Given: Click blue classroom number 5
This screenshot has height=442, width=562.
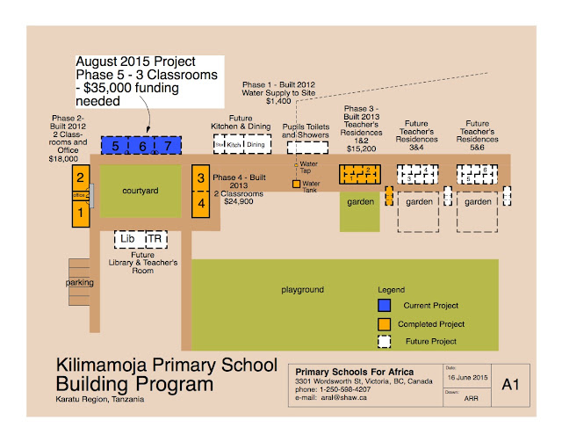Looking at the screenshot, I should (115, 146).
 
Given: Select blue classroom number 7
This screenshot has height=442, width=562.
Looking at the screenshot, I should (167, 146).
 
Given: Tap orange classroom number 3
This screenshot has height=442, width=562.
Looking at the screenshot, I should (201, 178).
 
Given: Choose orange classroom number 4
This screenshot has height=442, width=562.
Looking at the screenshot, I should (201, 203).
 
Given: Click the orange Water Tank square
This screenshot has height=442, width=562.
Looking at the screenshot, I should (296, 185).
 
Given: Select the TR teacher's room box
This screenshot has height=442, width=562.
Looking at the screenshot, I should (154, 239).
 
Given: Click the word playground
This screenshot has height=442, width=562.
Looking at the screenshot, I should (303, 289).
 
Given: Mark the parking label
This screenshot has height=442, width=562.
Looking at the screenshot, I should (79, 282).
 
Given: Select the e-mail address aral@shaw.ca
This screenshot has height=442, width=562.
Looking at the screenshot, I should (350, 398).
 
